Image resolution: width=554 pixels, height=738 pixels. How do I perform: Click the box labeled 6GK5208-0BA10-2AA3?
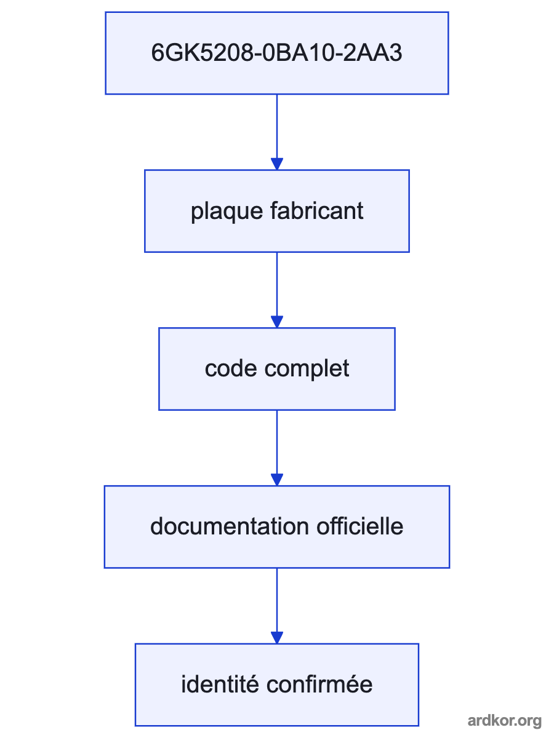(x=277, y=53)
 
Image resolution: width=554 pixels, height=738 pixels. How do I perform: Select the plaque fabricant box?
(x=277, y=211)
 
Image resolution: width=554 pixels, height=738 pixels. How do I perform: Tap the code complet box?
(x=277, y=369)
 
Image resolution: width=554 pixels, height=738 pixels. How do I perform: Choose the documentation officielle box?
(x=277, y=527)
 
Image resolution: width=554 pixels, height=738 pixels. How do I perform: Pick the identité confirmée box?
(x=277, y=685)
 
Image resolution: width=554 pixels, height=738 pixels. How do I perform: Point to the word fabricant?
(x=317, y=211)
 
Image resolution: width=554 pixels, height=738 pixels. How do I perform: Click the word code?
(x=231, y=368)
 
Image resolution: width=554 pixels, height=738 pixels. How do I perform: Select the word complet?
(x=307, y=370)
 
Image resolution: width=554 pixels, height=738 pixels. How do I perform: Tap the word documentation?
(x=230, y=526)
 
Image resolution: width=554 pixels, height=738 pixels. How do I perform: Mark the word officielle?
(x=360, y=526)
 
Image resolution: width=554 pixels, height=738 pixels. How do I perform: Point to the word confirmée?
(x=319, y=684)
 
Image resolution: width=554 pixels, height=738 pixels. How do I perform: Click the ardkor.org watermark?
(x=505, y=721)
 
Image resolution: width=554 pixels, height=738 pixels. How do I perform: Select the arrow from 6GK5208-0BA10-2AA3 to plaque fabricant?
(x=277, y=132)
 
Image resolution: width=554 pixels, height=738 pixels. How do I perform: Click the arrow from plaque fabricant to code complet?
(x=277, y=290)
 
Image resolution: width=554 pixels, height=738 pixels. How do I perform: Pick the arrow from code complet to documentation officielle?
(x=277, y=448)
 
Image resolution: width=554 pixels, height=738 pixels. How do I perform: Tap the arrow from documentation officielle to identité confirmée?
(x=277, y=606)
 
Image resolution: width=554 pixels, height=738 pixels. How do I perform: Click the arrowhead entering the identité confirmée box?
(x=277, y=638)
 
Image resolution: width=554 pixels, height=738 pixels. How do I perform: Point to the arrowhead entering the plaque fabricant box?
(x=277, y=164)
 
